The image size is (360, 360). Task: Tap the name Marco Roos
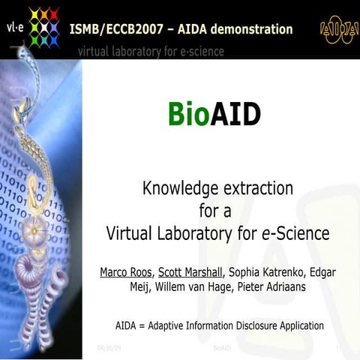pyautogui.click(x=125, y=271)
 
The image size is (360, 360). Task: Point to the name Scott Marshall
pyautogui.click(x=189, y=271)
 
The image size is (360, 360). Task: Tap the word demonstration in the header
pyautogui.click(x=246, y=30)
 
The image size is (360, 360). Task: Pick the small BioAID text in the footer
pyautogui.click(x=223, y=349)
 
